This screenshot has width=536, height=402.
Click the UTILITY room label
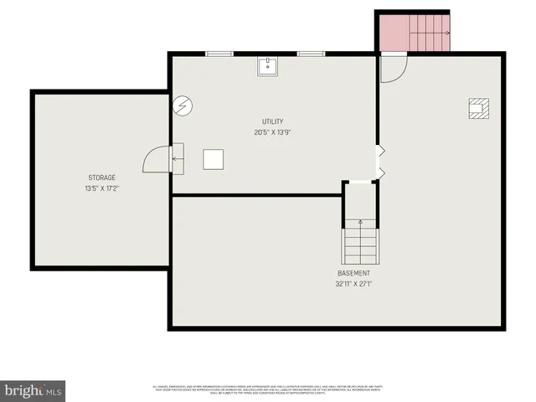click(x=272, y=121)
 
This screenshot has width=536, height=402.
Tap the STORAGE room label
click(x=102, y=178)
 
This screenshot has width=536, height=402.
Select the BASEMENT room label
click(x=353, y=274)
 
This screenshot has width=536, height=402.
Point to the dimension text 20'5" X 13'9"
click(x=272, y=132)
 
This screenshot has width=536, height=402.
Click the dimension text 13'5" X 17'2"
click(x=102, y=188)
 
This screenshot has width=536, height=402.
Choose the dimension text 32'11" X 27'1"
click(x=353, y=284)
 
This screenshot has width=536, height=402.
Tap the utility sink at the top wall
click(x=268, y=66)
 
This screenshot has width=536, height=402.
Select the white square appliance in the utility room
click(x=214, y=159)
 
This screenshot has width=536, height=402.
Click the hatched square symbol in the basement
click(x=478, y=107)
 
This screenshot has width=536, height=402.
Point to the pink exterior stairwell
click(x=413, y=32)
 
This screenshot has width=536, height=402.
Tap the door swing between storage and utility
click(x=159, y=157)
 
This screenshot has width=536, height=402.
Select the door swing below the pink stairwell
click(x=392, y=67)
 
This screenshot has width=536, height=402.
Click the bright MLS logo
click(x=33, y=390)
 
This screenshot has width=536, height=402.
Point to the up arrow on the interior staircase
click(x=361, y=224)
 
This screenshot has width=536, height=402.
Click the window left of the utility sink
click(x=219, y=54)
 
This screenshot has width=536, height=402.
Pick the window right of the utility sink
click(x=311, y=54)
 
